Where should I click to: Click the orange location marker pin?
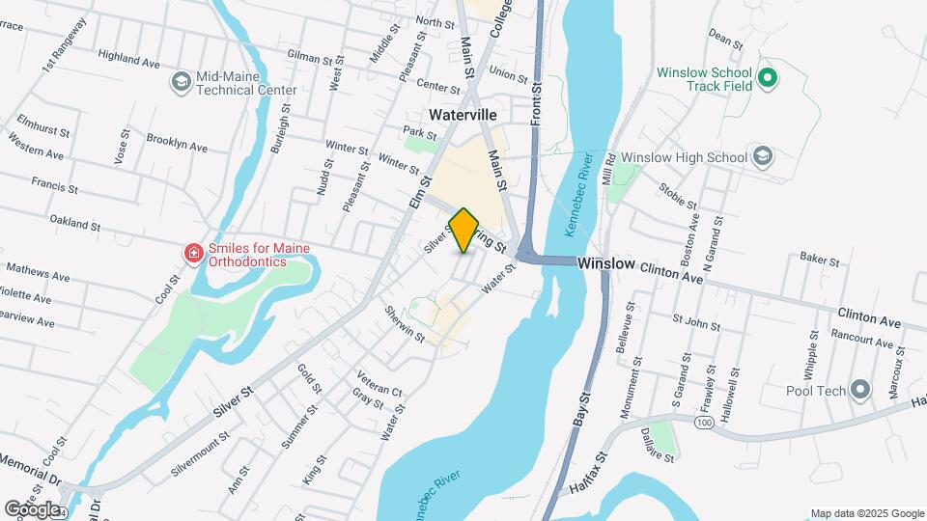point(464,231)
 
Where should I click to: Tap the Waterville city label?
point(463,114)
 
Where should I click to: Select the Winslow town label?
point(605,262)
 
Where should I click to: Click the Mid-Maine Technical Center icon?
point(181,81)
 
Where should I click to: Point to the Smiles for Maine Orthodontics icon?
point(194,254)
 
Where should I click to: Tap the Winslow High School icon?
point(762,156)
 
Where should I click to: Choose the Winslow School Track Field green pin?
point(768,78)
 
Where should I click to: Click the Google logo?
point(32,508)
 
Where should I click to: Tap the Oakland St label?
point(75,225)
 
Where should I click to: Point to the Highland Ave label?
point(128,59)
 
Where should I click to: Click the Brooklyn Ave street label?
point(177,142)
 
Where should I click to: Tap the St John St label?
point(696,320)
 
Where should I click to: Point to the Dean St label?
point(725,39)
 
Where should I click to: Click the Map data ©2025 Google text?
point(866,512)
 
